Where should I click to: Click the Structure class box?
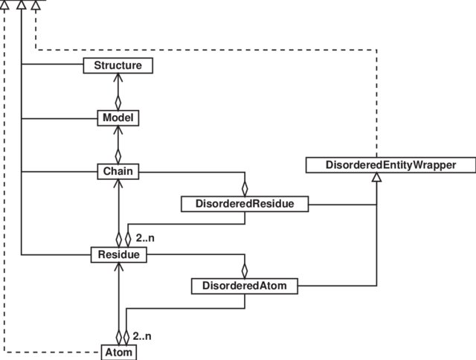[x=118, y=66]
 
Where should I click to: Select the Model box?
[x=118, y=118]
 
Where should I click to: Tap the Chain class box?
[x=118, y=171]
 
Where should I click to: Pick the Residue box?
[x=118, y=254]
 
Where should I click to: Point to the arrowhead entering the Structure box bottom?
[x=118, y=78]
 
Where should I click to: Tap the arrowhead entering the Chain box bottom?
[x=118, y=183]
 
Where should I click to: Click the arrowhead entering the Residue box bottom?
[x=118, y=266]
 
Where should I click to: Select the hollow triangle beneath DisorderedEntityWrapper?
[x=377, y=178]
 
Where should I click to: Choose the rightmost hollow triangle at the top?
[x=35, y=5]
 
